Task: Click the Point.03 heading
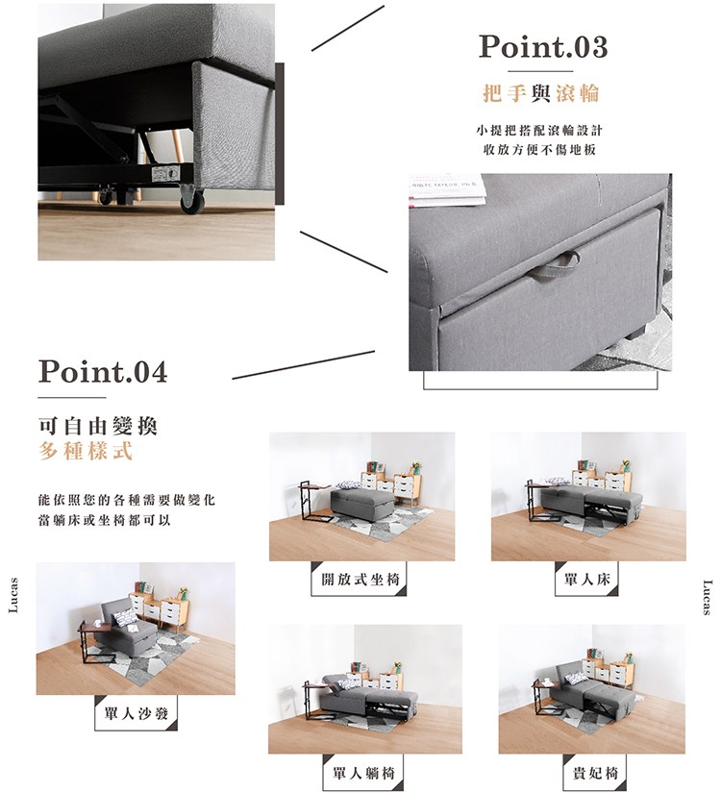coord(543,46)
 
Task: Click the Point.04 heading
coord(103,371)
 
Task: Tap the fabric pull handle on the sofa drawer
coord(554,266)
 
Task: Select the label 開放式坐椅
coord(360,580)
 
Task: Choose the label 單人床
coord(587,580)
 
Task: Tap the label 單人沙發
coord(137,713)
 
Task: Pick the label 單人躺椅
coord(363,773)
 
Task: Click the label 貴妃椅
coord(595,773)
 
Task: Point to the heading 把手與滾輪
coord(541,93)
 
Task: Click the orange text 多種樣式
coord(86,451)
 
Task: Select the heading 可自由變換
coord(98,427)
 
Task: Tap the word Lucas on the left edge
coord(13,595)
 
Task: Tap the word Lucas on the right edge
coord(708,597)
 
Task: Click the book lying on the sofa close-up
coord(447,190)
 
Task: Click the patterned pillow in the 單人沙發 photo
coord(126,617)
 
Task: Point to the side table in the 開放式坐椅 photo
coord(313,502)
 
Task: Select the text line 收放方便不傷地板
coord(540,150)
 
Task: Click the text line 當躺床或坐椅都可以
coord(105,520)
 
